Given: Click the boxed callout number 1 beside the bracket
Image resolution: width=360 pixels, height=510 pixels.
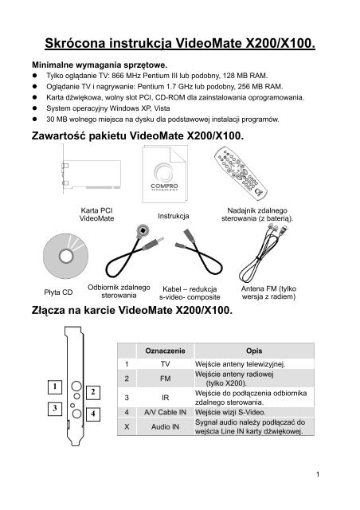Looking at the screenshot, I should [54, 387].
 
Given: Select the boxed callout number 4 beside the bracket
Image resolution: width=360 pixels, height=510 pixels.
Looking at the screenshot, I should [92, 414].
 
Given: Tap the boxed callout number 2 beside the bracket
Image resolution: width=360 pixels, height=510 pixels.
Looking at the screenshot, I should [92, 391].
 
